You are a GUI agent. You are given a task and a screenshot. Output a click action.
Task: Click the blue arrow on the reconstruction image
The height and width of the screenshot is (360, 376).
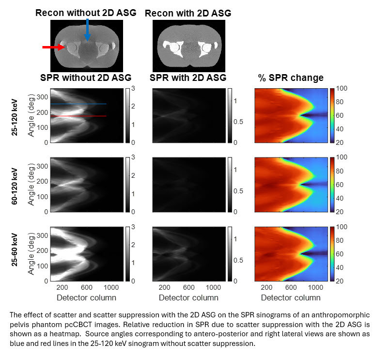click(87, 29)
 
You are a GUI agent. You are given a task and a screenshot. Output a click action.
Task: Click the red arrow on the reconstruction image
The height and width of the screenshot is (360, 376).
click(53, 47)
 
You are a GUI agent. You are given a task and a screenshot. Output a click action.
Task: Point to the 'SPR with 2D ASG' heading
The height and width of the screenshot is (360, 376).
click(188, 78)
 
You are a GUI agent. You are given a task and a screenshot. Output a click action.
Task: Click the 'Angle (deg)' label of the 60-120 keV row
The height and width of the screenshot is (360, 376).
click(31, 185)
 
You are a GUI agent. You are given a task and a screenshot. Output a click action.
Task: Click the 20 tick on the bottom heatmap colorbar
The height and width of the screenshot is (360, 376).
click(340, 281)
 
